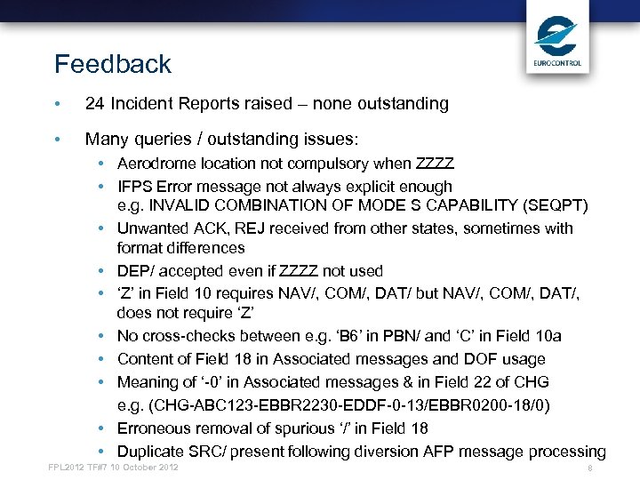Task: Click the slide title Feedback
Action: coord(112,65)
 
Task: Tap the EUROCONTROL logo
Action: coord(557,41)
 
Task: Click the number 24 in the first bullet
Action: coord(95,104)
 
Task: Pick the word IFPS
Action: coord(134,187)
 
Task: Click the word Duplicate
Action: coord(151,452)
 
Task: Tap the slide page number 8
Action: coord(588,468)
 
